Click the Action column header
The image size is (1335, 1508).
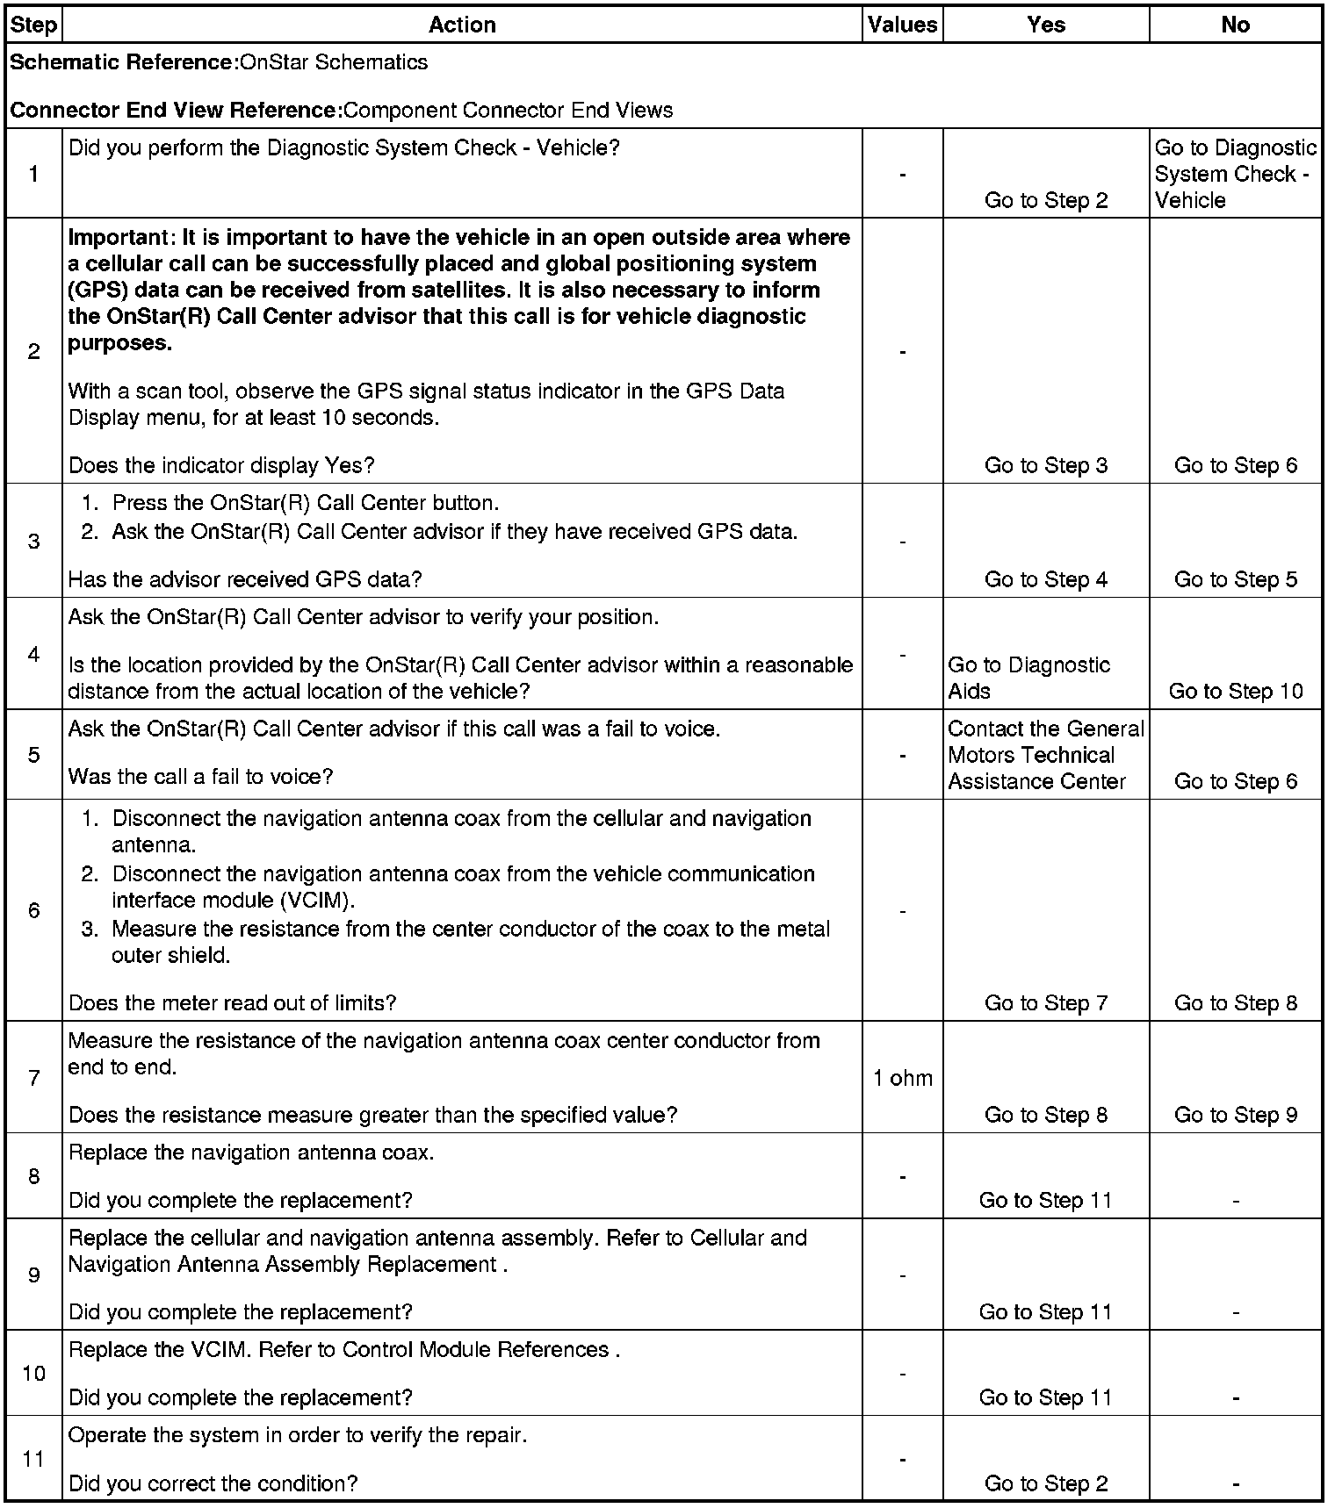coord(462,25)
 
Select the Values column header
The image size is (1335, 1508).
coord(902,25)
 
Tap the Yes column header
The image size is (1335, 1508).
coord(1045,25)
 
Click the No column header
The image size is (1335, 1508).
coord(1235,25)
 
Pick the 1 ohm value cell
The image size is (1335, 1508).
coord(903,1078)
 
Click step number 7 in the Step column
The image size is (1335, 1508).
coord(33,1078)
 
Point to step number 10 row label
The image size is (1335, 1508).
coord(33,1373)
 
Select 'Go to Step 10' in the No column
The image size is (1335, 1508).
coord(1235,691)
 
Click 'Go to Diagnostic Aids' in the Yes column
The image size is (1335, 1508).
coord(1028,678)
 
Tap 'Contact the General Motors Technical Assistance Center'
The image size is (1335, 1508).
coord(1045,755)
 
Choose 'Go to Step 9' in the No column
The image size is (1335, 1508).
coord(1235,1115)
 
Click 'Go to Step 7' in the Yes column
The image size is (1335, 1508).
coord(1045,1002)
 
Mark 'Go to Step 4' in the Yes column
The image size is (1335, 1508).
coord(1045,579)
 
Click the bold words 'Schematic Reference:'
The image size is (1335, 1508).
coord(123,62)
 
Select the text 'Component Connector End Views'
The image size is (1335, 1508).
coord(509,111)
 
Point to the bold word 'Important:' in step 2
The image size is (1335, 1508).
coord(118,238)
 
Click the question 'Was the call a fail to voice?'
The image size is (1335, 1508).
coord(200,777)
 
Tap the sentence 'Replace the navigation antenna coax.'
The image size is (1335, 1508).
coord(251,1153)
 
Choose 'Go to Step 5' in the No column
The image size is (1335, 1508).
coord(1235,579)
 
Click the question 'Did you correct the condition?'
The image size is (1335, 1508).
coord(213,1483)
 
